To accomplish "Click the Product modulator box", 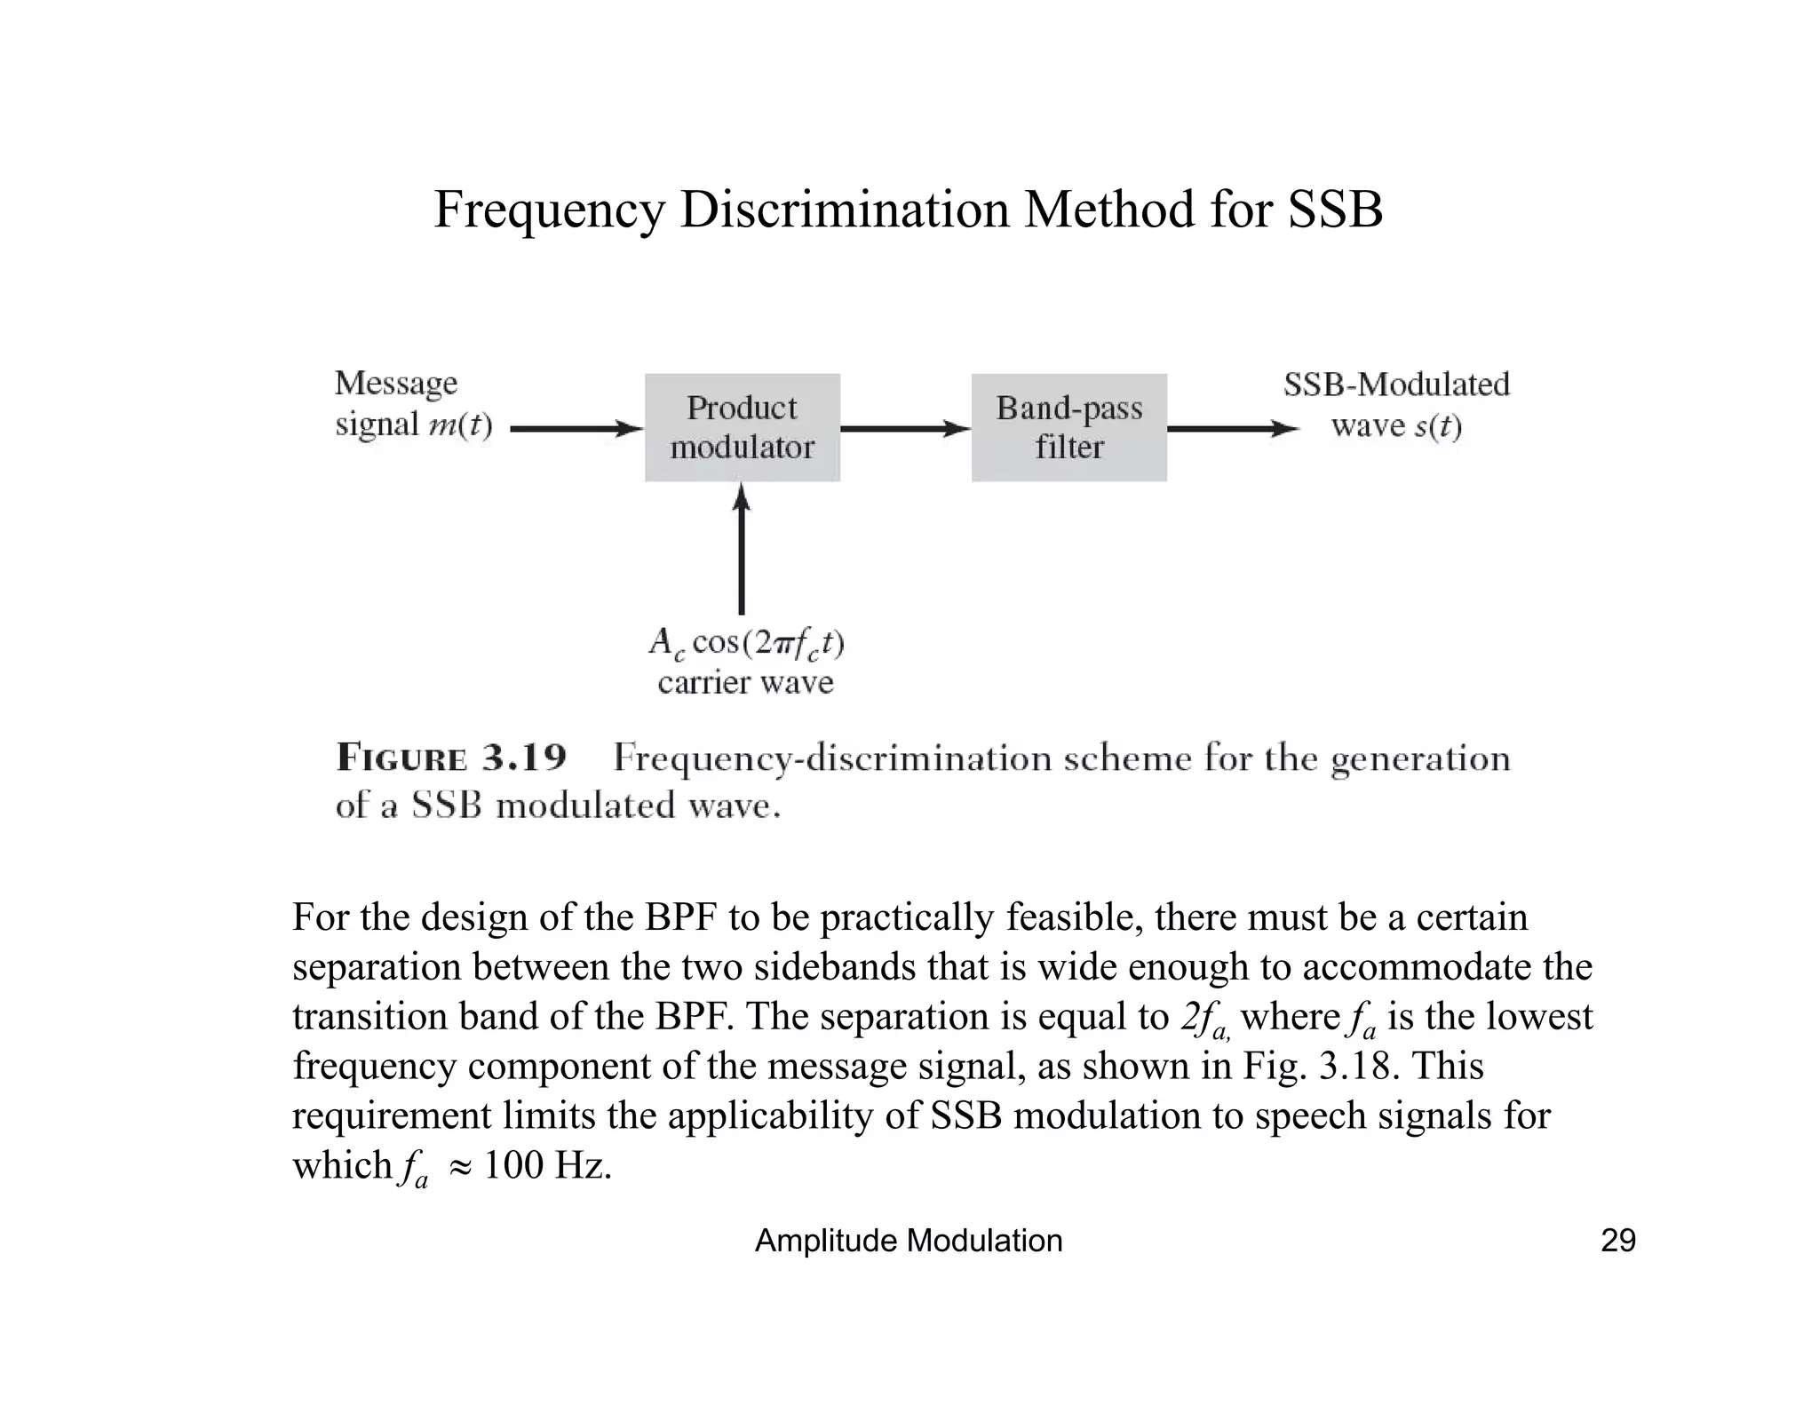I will [x=742, y=427].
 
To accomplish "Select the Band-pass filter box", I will [x=1068, y=427].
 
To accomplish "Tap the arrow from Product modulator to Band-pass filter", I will [x=905, y=429].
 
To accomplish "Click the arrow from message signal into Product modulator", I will [x=576, y=429].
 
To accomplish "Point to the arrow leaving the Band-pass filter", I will [x=1233, y=429].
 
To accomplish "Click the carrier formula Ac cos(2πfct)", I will [x=746, y=642].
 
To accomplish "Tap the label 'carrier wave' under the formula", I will [x=746, y=682].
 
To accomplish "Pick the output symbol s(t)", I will [x=1437, y=426].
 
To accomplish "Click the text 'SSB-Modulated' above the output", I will [x=1396, y=385].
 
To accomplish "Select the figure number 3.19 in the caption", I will [x=523, y=758].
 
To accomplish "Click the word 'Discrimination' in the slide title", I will [x=845, y=210].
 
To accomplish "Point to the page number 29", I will [x=1617, y=1240].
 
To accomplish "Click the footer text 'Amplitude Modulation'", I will [x=908, y=1240].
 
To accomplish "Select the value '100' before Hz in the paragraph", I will [x=512, y=1164].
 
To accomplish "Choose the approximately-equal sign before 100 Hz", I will [x=460, y=1166].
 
